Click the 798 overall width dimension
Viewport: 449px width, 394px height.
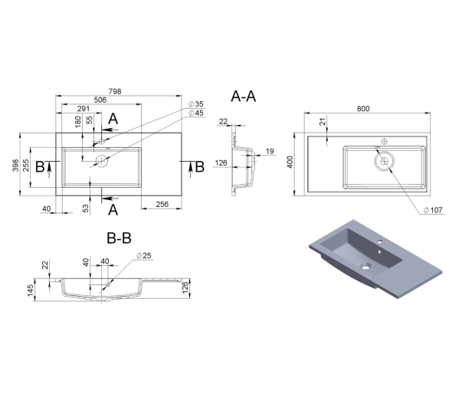(115, 91)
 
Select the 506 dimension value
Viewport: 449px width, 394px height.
(100, 100)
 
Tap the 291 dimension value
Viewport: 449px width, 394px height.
(84, 109)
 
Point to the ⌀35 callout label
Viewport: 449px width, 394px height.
(196, 104)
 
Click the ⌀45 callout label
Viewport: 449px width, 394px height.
(196, 113)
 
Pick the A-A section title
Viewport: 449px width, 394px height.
(243, 97)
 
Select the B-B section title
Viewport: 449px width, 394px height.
(119, 238)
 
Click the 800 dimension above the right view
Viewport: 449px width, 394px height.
(363, 109)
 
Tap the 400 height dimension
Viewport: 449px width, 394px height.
(290, 162)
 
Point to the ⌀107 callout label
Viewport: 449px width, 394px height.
(433, 210)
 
